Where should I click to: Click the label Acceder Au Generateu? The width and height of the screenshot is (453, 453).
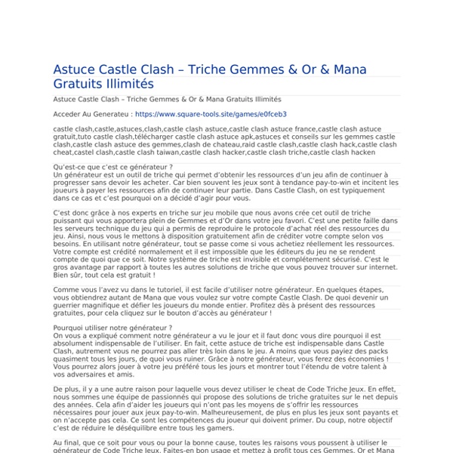[91, 114]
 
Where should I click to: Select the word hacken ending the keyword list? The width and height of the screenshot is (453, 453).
[352, 152]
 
